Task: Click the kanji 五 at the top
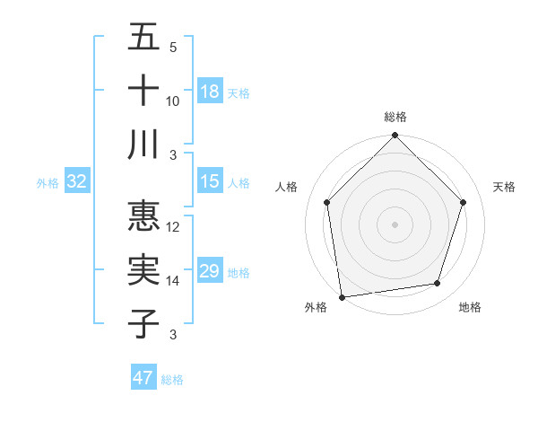pyautogui.click(x=143, y=39)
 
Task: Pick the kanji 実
pyautogui.click(x=143, y=270)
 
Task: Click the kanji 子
pyautogui.click(x=143, y=323)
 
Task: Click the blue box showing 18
pyautogui.click(x=210, y=92)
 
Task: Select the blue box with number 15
pyautogui.click(x=210, y=181)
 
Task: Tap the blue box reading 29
pyautogui.click(x=210, y=271)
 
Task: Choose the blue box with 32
pyautogui.click(x=77, y=181)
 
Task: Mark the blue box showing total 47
pyautogui.click(x=143, y=378)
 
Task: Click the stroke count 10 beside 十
pyautogui.click(x=173, y=101)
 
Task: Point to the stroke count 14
pyautogui.click(x=173, y=281)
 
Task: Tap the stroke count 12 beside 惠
pyautogui.click(x=173, y=228)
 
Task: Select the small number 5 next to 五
pyautogui.click(x=173, y=48)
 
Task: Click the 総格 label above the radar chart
pyautogui.click(x=395, y=117)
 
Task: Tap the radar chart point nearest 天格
pyautogui.click(x=463, y=202)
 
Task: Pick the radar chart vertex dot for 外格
pyautogui.click(x=342, y=296)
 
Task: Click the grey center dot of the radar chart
pyautogui.click(x=395, y=224)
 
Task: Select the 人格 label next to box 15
pyautogui.click(x=239, y=183)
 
